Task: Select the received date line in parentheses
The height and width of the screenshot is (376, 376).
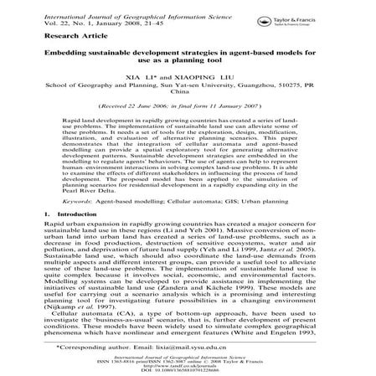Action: [188, 108]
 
